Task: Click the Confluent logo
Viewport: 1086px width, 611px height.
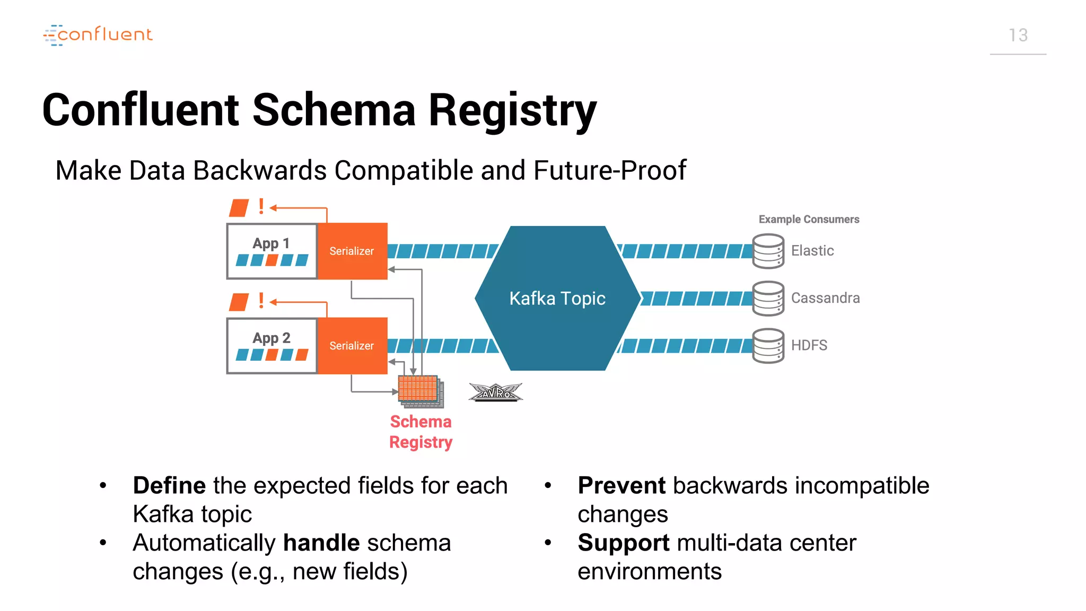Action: pyautogui.click(x=98, y=34)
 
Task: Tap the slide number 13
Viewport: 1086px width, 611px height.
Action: pyautogui.click(x=1018, y=35)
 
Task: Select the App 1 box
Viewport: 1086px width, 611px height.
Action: pyautogui.click(x=271, y=251)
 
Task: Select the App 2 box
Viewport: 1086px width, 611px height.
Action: pyautogui.click(x=271, y=346)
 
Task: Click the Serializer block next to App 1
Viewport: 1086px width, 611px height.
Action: pyautogui.click(x=352, y=251)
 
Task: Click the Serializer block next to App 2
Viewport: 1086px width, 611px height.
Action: pyautogui.click(x=352, y=346)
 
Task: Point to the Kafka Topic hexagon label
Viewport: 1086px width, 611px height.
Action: pyautogui.click(x=557, y=299)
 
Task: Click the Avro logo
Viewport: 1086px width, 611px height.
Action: pyautogui.click(x=495, y=392)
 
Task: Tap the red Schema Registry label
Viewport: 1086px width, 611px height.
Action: pyautogui.click(x=421, y=432)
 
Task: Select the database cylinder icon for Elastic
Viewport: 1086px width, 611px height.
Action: pyautogui.click(x=768, y=251)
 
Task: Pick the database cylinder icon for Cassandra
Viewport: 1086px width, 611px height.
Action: pyautogui.click(x=768, y=298)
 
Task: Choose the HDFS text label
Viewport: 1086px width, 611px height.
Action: pyautogui.click(x=809, y=345)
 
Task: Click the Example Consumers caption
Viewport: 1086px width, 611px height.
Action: pyautogui.click(x=808, y=219)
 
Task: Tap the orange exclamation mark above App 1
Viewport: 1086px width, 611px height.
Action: pyautogui.click(x=261, y=206)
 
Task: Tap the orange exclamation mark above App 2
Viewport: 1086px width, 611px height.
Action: pyautogui.click(x=261, y=301)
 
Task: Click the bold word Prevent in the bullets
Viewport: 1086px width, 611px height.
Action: pyautogui.click(x=621, y=486)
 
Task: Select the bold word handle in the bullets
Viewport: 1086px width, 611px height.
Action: pyautogui.click(x=321, y=543)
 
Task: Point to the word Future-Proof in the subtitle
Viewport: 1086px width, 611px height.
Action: pyautogui.click(x=609, y=171)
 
